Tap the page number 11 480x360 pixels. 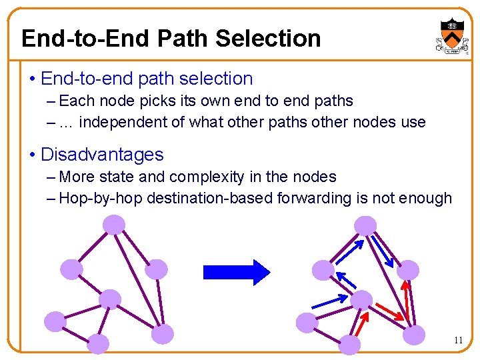coord(458,341)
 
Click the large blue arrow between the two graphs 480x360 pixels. coord(236,271)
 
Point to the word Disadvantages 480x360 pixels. coord(102,155)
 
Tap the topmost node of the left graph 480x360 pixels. coord(114,225)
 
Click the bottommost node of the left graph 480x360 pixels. coord(98,344)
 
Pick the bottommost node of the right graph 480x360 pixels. coord(351,345)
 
